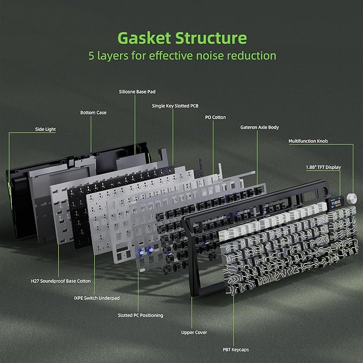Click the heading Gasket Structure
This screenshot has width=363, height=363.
click(182, 38)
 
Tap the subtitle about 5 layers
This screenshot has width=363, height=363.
click(182, 56)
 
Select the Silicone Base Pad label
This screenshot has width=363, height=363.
click(137, 91)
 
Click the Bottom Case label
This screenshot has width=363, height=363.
click(94, 112)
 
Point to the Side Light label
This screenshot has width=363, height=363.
click(45, 129)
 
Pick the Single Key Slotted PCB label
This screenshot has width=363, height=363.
click(175, 106)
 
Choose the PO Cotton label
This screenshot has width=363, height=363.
click(215, 118)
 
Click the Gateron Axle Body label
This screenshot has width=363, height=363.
click(259, 127)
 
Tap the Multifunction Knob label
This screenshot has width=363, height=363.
click(308, 141)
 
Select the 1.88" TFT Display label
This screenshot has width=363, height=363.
click(323, 167)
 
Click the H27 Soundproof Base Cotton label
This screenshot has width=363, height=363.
click(61, 281)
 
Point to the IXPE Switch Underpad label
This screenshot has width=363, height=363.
click(97, 298)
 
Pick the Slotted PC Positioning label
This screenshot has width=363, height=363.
click(141, 315)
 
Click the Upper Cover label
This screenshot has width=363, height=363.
click(194, 333)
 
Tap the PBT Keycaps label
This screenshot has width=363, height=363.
click(236, 350)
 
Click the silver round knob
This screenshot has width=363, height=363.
click(352, 198)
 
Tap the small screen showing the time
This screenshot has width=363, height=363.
click(336, 203)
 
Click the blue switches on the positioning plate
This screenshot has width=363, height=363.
click(145, 251)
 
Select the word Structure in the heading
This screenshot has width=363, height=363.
click(211, 38)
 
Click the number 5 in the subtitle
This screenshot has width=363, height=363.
click(91, 56)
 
